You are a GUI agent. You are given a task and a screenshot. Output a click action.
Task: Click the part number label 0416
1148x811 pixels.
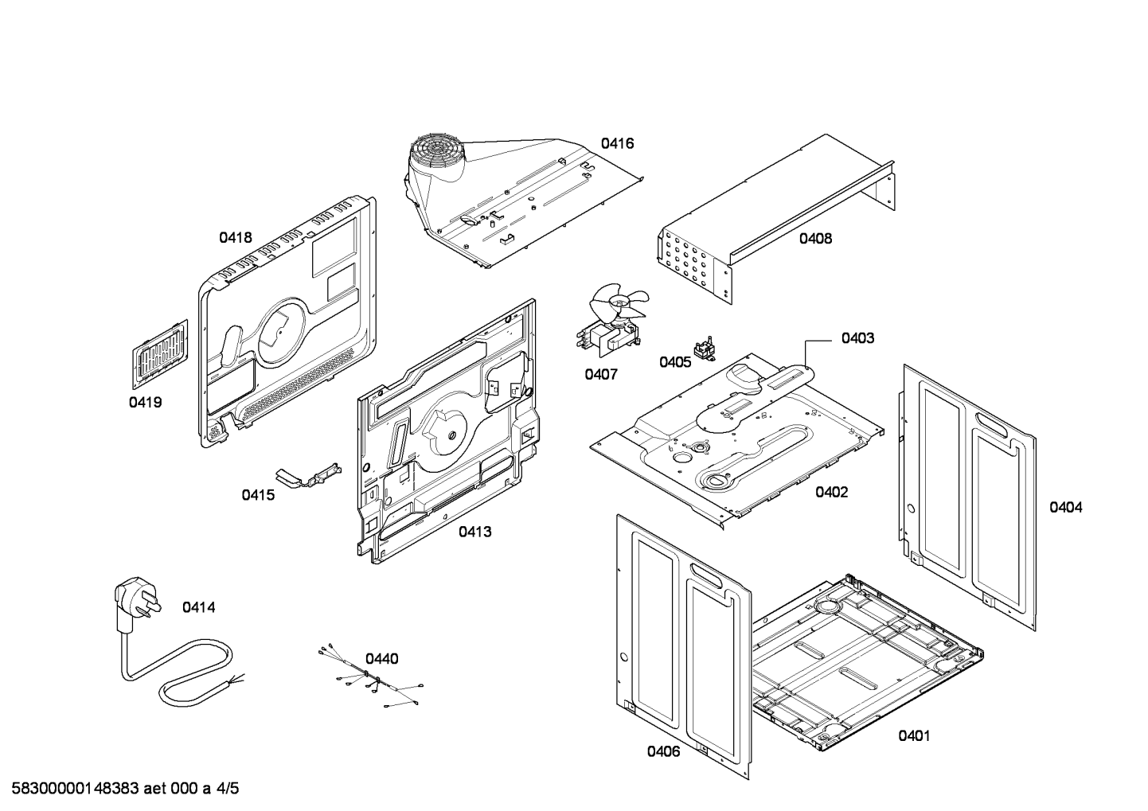pos(617,143)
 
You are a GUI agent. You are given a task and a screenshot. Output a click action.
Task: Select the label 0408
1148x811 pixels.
pos(815,238)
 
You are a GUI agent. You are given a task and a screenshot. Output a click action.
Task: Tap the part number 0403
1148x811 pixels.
pos(857,338)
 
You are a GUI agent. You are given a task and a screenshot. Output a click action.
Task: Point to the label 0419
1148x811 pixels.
pos(145,403)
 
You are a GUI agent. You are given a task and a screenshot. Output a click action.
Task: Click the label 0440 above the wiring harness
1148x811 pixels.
pos(382,659)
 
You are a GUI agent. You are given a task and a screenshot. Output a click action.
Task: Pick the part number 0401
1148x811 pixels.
pos(914,736)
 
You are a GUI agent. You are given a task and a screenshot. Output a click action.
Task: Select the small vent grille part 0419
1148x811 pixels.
pos(160,354)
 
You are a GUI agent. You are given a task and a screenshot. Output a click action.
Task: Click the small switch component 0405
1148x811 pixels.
pos(703,349)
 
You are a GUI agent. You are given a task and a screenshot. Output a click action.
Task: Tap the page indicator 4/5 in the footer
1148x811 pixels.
pos(227,790)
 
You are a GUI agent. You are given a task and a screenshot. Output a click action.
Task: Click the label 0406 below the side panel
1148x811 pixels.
pos(663,751)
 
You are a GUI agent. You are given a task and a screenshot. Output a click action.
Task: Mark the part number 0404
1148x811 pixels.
pos(1065,508)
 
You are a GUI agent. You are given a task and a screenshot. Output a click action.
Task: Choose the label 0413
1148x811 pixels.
pos(474,532)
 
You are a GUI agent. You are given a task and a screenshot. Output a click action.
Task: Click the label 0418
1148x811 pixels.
pos(236,237)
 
